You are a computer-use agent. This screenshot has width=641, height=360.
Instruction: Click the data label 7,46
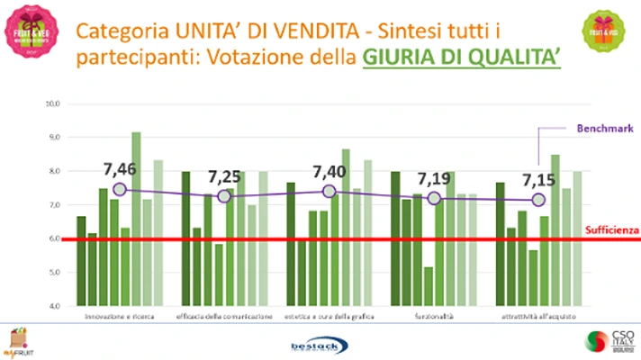click(120, 167)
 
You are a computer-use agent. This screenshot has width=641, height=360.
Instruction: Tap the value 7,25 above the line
click(225, 176)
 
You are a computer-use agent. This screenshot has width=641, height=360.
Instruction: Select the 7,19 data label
click(434, 177)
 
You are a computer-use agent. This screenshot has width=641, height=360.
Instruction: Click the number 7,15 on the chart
click(538, 180)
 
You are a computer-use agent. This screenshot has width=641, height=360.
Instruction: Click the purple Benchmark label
click(600, 128)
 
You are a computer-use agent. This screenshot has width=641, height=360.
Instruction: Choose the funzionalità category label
click(434, 317)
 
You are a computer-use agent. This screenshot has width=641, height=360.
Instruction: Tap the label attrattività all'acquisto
click(538, 317)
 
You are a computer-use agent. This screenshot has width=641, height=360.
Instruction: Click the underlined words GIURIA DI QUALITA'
click(462, 57)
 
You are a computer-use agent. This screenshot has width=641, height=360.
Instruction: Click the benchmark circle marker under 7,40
click(330, 191)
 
